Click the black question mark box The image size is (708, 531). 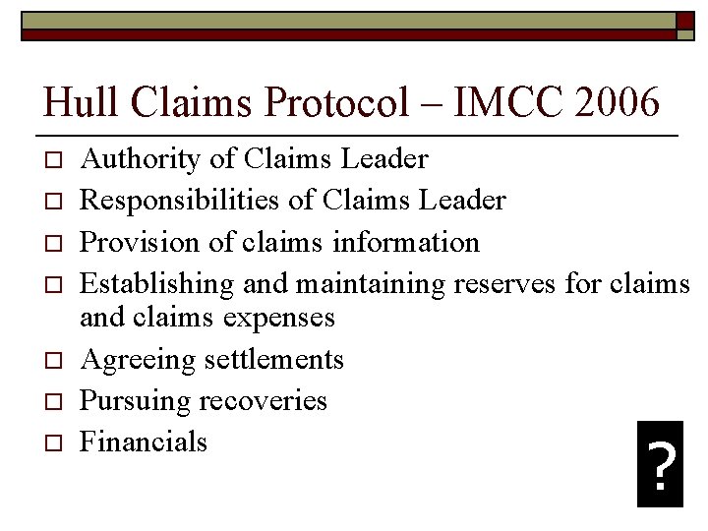660,464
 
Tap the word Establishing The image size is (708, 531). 156,284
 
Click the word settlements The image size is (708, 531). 274,359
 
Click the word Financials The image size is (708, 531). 144,442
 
